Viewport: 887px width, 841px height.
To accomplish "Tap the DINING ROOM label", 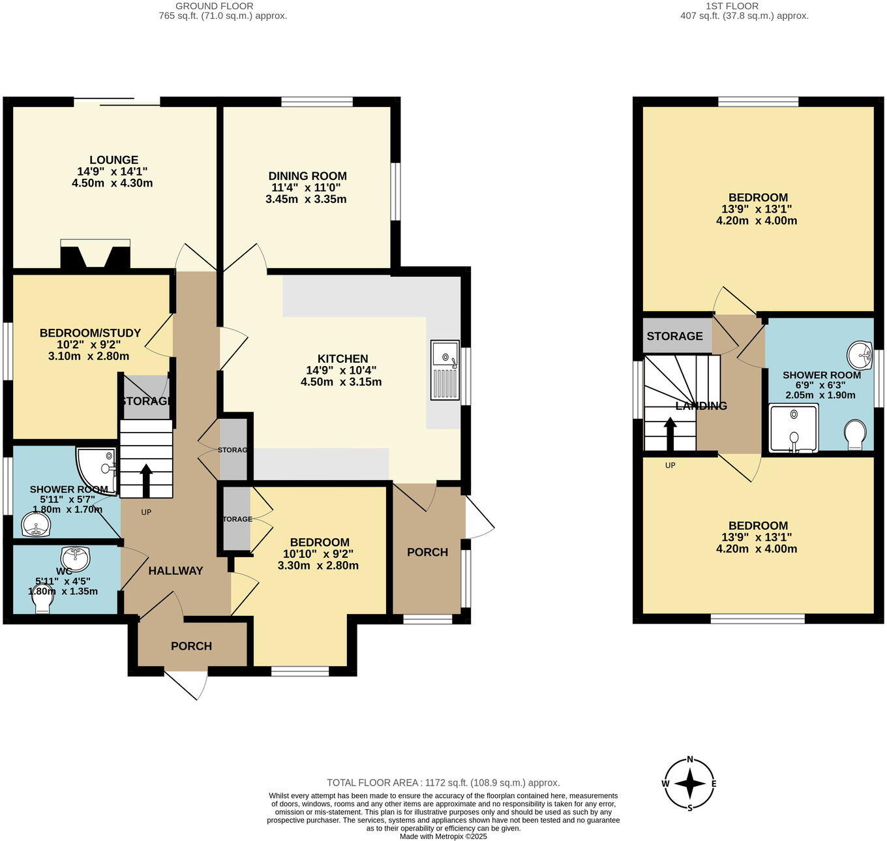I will click(307, 176).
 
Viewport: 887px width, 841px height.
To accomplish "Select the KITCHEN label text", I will click(342, 359).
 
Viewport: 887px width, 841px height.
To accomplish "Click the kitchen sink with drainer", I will click(445, 370).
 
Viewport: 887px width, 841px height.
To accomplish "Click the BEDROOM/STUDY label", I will click(90, 333).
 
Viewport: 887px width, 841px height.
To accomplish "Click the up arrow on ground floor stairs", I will click(145, 480).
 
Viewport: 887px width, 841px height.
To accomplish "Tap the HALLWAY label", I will click(175, 571).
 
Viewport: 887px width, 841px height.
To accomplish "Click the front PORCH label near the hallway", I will click(191, 646).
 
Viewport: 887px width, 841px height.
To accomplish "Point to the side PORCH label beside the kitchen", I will click(427, 552).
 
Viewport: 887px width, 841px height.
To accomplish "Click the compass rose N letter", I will click(689, 760).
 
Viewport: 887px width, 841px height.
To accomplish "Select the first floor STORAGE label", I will click(674, 336).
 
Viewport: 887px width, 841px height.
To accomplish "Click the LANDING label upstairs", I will click(701, 406).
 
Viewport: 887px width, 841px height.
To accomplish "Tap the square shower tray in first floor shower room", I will click(793, 428).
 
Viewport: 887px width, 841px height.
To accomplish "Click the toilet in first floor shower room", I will click(854, 434).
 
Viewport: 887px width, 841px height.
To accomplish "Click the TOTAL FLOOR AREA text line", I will click(443, 783).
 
